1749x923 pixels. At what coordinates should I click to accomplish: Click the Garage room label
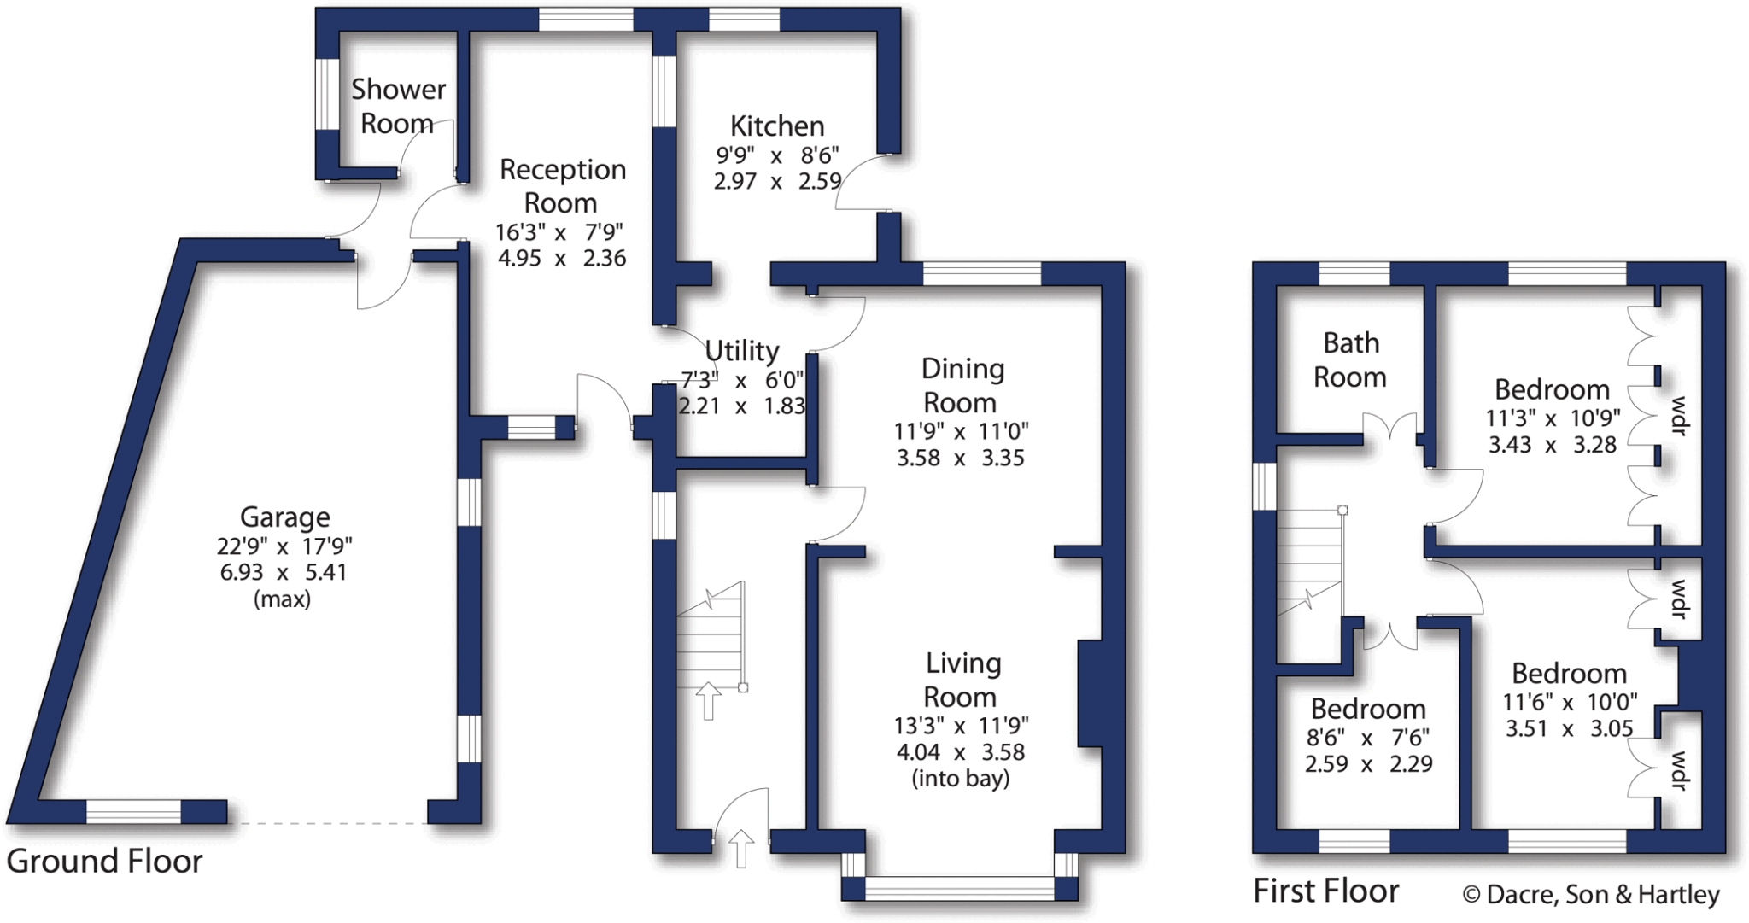(x=284, y=517)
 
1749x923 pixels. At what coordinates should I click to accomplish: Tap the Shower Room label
(x=398, y=106)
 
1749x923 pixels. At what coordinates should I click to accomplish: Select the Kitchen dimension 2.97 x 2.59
(x=777, y=182)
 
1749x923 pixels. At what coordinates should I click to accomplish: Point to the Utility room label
(x=741, y=351)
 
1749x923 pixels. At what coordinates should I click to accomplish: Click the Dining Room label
(x=962, y=385)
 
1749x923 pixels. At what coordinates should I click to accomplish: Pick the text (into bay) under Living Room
(x=961, y=779)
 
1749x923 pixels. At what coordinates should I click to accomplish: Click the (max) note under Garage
(x=282, y=599)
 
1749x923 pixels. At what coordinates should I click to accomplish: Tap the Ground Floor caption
(x=104, y=862)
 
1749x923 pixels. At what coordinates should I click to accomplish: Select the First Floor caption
(x=1325, y=891)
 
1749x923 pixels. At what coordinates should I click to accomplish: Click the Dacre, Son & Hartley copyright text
(x=1591, y=895)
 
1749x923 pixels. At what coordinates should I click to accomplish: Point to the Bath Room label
(x=1350, y=359)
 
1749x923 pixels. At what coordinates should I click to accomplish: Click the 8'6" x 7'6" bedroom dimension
(x=1367, y=738)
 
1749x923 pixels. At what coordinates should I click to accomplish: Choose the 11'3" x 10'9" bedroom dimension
(x=1553, y=418)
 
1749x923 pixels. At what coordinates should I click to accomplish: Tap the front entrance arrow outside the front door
(x=741, y=849)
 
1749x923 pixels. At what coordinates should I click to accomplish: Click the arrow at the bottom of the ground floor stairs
(x=708, y=700)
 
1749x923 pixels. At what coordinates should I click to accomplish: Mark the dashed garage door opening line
(x=327, y=823)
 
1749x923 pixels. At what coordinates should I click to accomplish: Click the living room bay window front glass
(x=960, y=889)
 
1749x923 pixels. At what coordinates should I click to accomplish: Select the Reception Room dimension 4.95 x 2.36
(x=562, y=258)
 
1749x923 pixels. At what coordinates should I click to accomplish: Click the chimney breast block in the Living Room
(x=1090, y=693)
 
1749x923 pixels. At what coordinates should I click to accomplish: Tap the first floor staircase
(x=1309, y=559)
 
